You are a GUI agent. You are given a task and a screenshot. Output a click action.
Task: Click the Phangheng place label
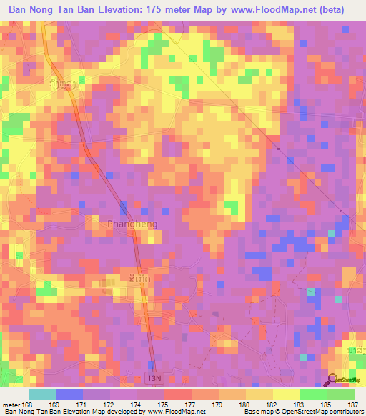coord(132,224)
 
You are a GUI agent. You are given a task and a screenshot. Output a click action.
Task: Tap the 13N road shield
coord(152,376)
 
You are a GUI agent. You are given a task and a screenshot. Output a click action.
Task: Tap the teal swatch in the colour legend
coord(41,394)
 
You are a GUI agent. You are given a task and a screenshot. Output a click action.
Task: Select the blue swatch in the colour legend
coord(69,394)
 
